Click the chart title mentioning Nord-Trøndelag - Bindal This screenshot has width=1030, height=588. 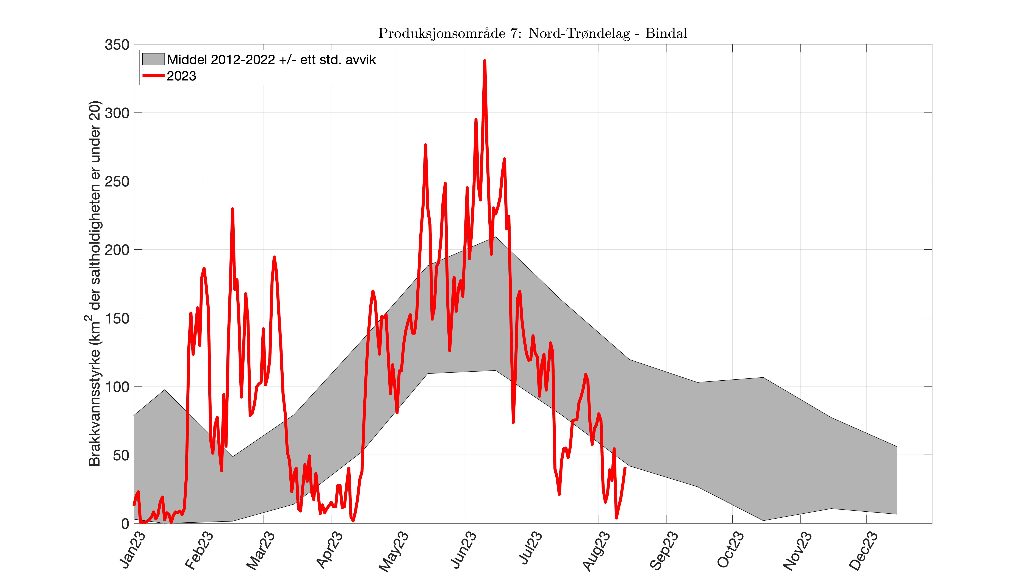click(532, 33)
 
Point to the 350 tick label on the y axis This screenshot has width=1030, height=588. click(117, 45)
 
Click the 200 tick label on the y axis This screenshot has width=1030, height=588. click(117, 250)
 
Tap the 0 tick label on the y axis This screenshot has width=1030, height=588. click(125, 524)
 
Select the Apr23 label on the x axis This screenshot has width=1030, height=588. click(329, 550)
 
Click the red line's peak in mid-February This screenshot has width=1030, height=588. click(232, 209)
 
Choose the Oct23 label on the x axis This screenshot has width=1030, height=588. click(730, 550)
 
